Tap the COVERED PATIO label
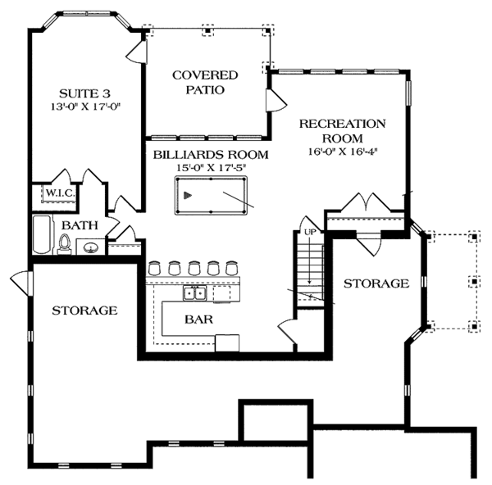click(x=198, y=82)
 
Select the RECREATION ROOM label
click(x=342, y=131)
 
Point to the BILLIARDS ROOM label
click(x=199, y=153)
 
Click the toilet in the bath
click(x=65, y=243)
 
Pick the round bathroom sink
click(x=91, y=246)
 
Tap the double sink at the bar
click(x=194, y=293)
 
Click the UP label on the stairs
click(x=309, y=233)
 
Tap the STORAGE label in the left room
click(x=84, y=310)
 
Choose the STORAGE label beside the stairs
click(x=376, y=283)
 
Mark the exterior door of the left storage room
click(x=21, y=283)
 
